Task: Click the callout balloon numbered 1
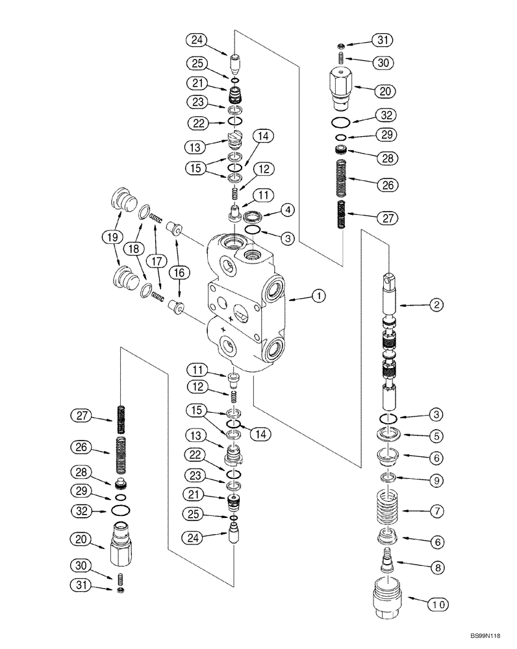tap(318, 297)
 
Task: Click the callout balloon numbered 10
tap(437, 605)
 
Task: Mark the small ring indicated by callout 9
tap(389, 478)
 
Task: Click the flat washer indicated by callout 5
tap(390, 435)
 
